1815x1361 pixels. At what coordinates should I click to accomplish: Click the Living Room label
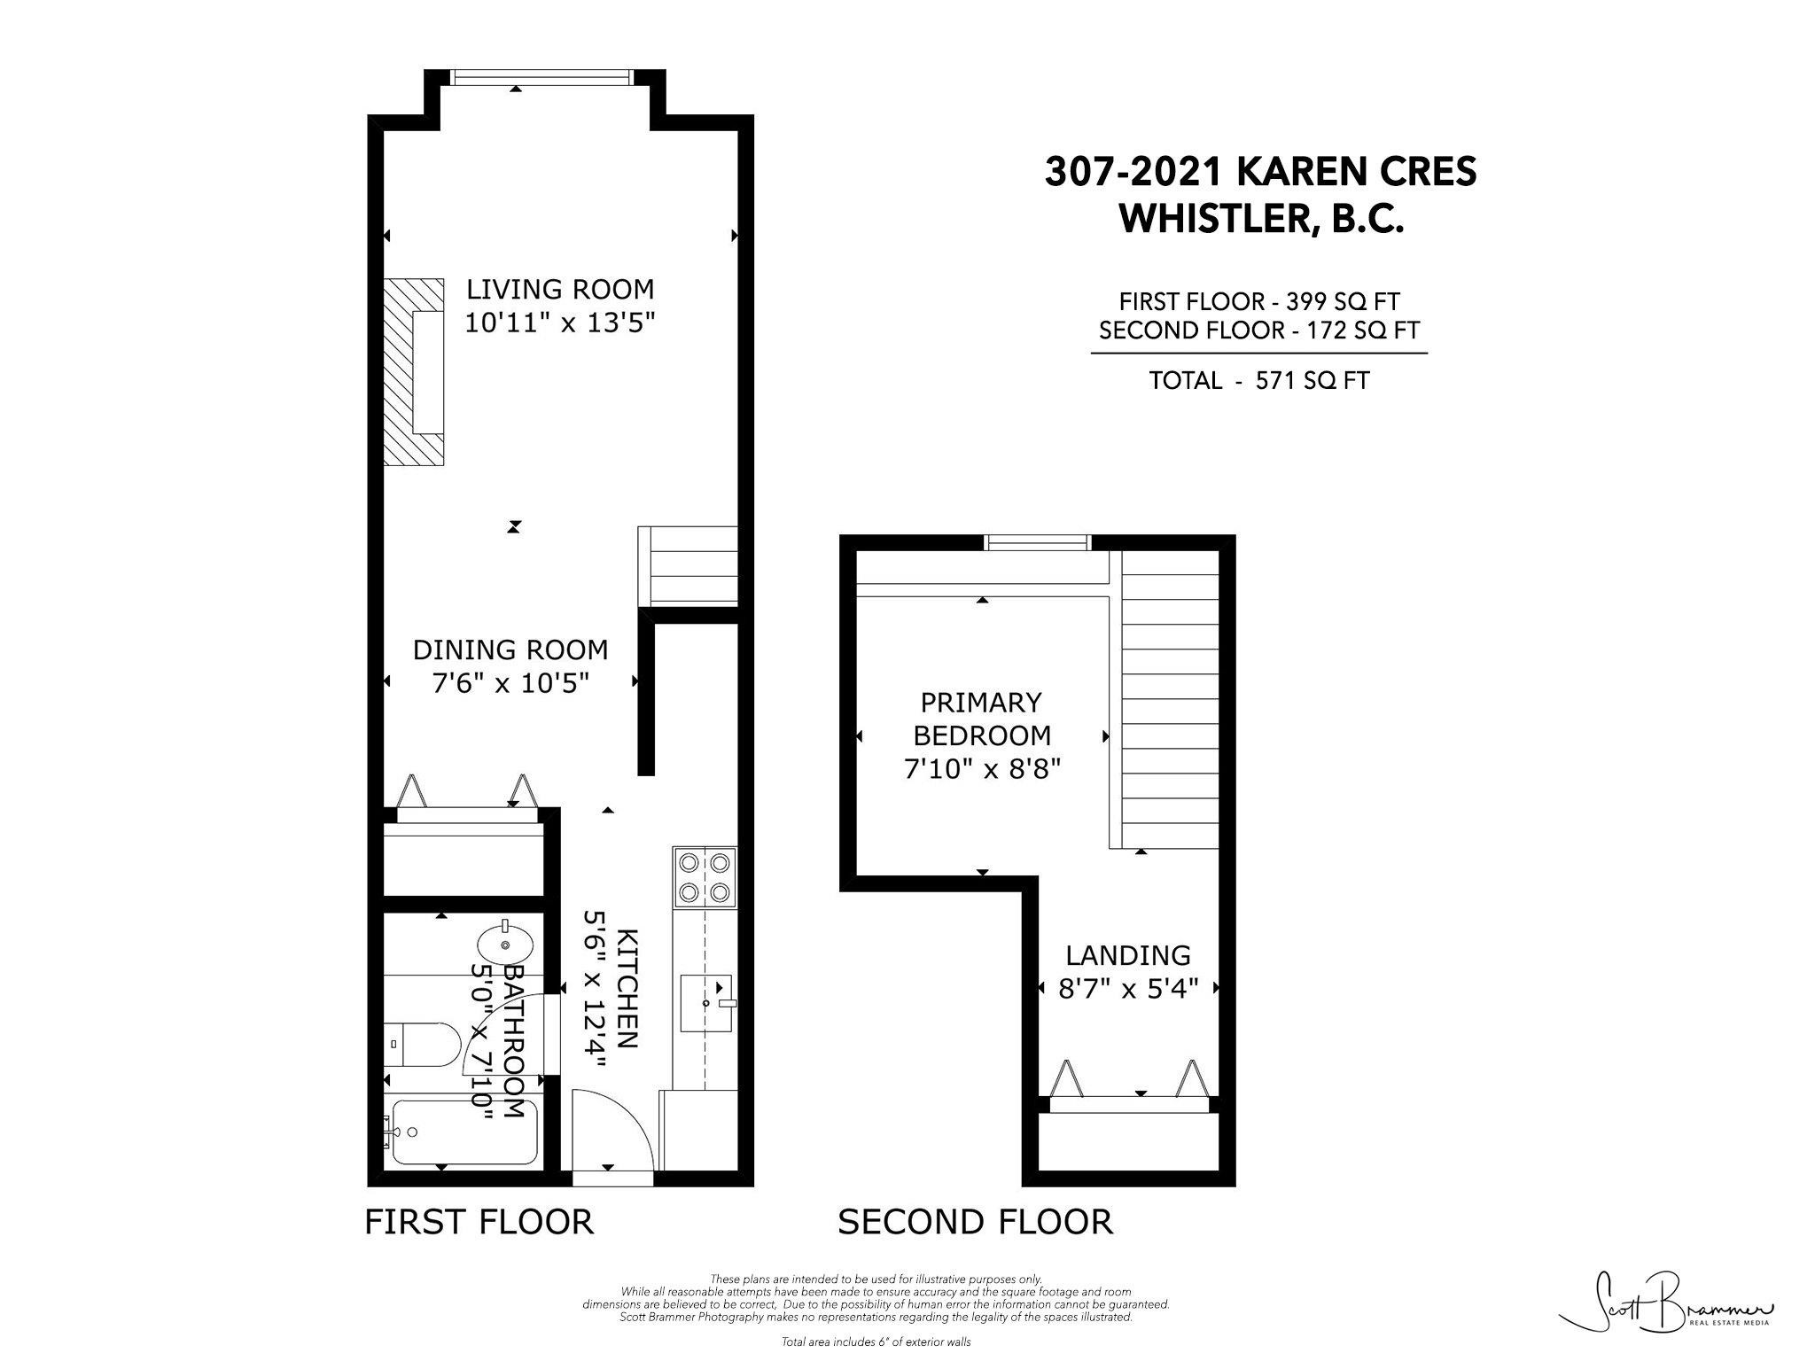[x=560, y=290]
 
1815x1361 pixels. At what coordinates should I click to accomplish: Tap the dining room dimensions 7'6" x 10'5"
[x=510, y=683]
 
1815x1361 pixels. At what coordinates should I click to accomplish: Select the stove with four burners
[x=705, y=877]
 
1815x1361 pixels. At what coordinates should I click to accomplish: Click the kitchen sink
[x=707, y=1003]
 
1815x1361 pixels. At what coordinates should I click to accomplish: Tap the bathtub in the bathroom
[x=463, y=1132]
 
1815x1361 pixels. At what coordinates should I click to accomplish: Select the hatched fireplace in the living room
[x=413, y=371]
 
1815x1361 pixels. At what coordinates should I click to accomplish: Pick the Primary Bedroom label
[x=982, y=719]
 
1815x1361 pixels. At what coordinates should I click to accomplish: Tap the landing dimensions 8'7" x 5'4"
[x=1128, y=988]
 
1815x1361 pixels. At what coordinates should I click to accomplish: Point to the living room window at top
[x=541, y=78]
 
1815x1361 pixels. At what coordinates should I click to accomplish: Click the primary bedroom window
[x=1039, y=542]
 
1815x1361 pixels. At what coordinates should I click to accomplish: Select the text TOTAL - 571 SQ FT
[x=1258, y=381]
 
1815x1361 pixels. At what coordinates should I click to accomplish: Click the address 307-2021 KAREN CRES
[x=1260, y=172]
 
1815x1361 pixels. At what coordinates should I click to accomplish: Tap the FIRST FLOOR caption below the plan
[x=479, y=1221]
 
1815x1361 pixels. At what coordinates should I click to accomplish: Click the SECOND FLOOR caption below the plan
[x=975, y=1221]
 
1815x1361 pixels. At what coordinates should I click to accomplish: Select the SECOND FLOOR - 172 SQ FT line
[x=1258, y=331]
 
